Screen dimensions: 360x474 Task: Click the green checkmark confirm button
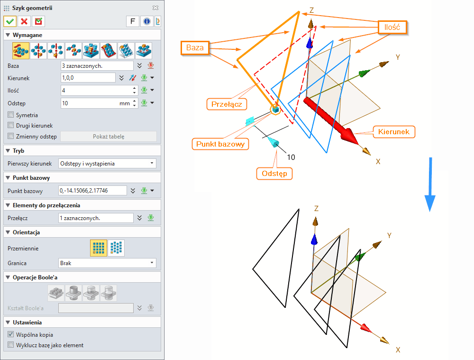tap(10, 21)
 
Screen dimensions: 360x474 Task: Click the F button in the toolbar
tap(132, 21)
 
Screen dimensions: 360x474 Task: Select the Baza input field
tap(97, 66)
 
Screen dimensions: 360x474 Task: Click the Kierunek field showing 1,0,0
tap(88, 78)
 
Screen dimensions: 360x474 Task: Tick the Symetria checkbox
tap(11, 115)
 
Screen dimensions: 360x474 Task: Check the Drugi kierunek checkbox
tap(11, 126)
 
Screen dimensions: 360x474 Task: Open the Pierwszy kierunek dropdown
tap(107, 164)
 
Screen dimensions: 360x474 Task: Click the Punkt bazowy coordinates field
tap(93, 191)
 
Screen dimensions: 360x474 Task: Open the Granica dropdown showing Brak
tap(107, 263)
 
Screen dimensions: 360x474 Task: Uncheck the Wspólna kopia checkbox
tap(11, 334)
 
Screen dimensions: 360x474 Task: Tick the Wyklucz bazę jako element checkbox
tap(11, 345)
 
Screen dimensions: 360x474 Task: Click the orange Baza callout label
tap(194, 48)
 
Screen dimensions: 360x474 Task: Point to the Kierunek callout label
tap(394, 131)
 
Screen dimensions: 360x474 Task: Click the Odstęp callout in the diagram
tap(274, 174)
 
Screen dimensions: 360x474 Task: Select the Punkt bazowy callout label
tap(220, 143)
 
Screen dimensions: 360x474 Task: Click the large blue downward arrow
tap(429, 185)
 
